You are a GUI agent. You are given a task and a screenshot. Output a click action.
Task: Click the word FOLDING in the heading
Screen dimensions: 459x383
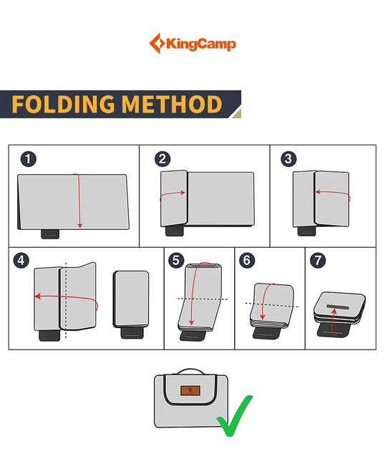click(64, 105)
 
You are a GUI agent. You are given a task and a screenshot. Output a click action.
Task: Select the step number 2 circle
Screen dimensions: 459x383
click(163, 159)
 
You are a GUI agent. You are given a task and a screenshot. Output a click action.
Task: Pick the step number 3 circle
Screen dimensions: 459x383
click(288, 159)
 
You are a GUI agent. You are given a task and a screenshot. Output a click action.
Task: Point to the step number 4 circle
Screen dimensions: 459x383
click(21, 261)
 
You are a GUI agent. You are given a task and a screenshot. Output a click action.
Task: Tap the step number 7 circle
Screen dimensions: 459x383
click(317, 261)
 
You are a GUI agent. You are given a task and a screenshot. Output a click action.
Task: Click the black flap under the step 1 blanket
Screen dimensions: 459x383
click(52, 233)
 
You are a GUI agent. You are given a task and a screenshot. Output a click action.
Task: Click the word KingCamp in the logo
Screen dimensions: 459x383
click(201, 44)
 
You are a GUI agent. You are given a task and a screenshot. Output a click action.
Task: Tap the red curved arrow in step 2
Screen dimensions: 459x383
click(173, 195)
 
